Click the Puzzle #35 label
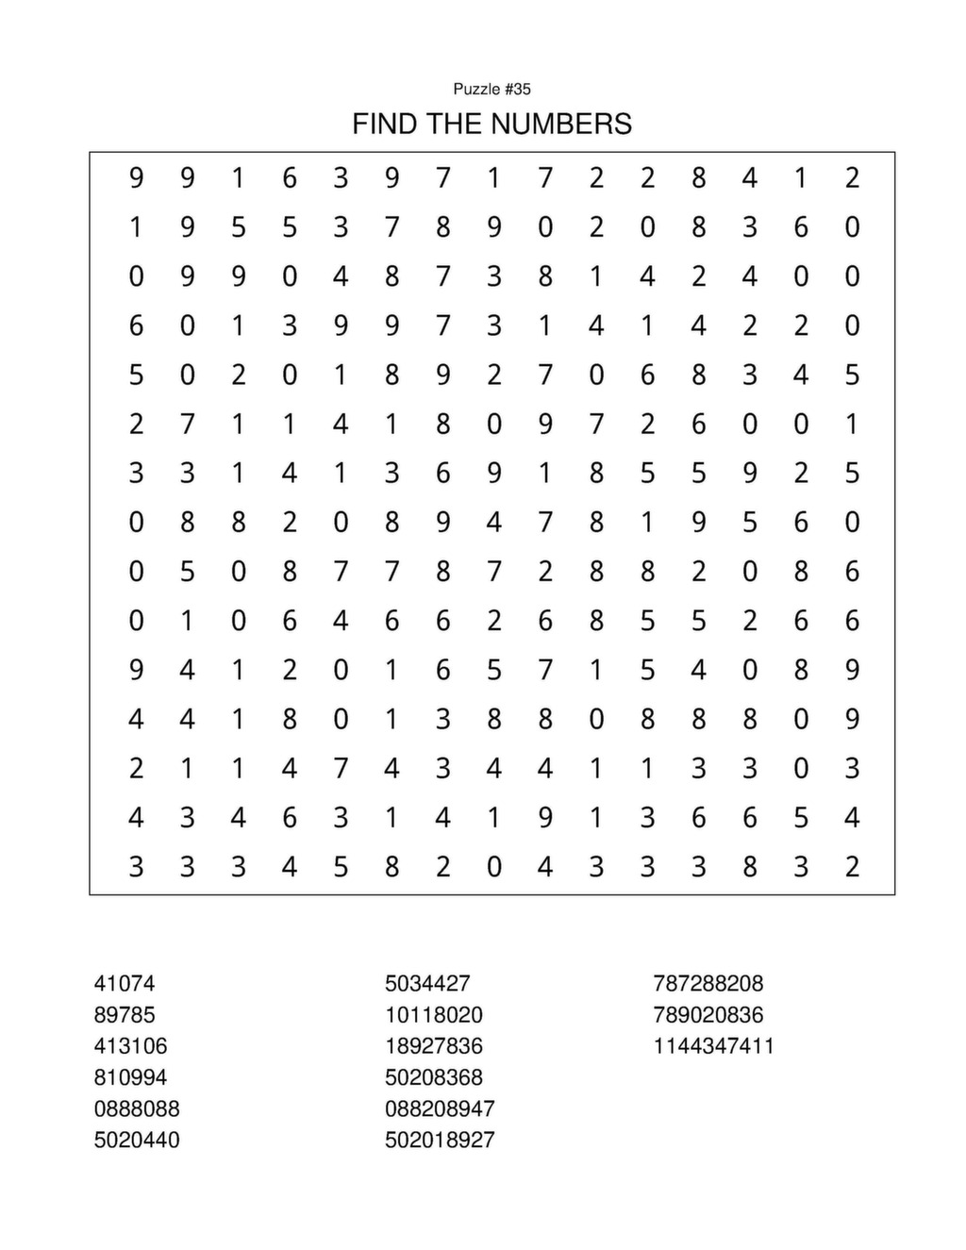click(x=491, y=89)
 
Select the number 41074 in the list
click(x=125, y=983)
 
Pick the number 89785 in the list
click(x=125, y=1015)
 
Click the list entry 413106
click(x=130, y=1046)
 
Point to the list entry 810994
click(x=130, y=1077)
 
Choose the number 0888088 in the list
click(x=137, y=1108)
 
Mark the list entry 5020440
click(x=137, y=1140)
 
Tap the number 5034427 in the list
click(x=427, y=983)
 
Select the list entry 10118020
click(x=434, y=1015)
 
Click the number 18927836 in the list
click(x=434, y=1046)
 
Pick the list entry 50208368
click(x=434, y=1077)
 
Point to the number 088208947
click(x=440, y=1108)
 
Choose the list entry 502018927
click(x=440, y=1140)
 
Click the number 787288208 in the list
click(x=708, y=983)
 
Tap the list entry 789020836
click(x=708, y=1015)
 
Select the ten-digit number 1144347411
click(x=714, y=1046)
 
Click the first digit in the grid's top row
click(x=137, y=177)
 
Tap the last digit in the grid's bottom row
click(x=852, y=866)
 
